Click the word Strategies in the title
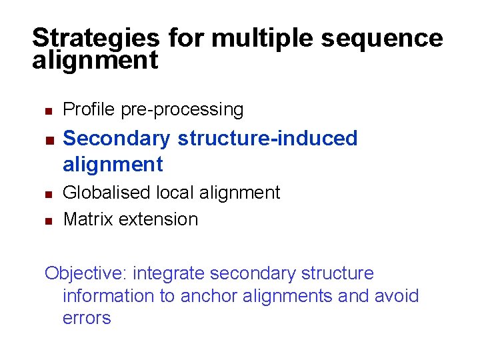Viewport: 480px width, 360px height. [95, 37]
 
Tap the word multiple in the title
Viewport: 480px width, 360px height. [263, 37]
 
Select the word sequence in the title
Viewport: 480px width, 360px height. [382, 37]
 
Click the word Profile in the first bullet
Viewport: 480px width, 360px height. [89, 109]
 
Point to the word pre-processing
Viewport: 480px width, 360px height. [182, 109]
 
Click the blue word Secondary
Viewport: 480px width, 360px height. [117, 139]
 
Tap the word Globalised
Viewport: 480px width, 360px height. [107, 193]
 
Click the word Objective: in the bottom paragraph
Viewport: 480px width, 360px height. [86, 273]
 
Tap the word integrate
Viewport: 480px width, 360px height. [169, 273]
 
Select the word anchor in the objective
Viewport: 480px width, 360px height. [205, 296]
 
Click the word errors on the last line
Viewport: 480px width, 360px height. [87, 318]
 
